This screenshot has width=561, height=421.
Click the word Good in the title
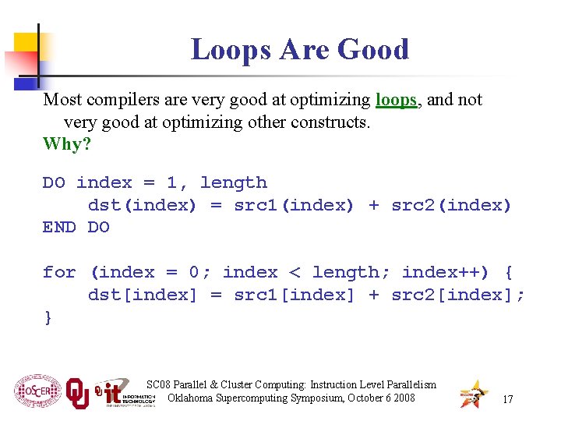(373, 50)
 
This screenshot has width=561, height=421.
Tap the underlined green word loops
(396, 100)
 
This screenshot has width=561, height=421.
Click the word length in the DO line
(233, 182)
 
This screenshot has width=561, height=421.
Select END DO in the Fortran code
(76, 227)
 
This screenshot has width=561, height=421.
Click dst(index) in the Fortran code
(143, 205)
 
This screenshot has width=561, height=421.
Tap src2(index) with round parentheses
(451, 205)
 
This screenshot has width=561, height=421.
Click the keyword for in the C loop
(59, 272)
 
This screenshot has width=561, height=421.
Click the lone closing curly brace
(48, 317)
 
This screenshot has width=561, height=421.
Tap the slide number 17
(508, 399)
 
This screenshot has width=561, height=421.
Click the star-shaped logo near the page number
(473, 393)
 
